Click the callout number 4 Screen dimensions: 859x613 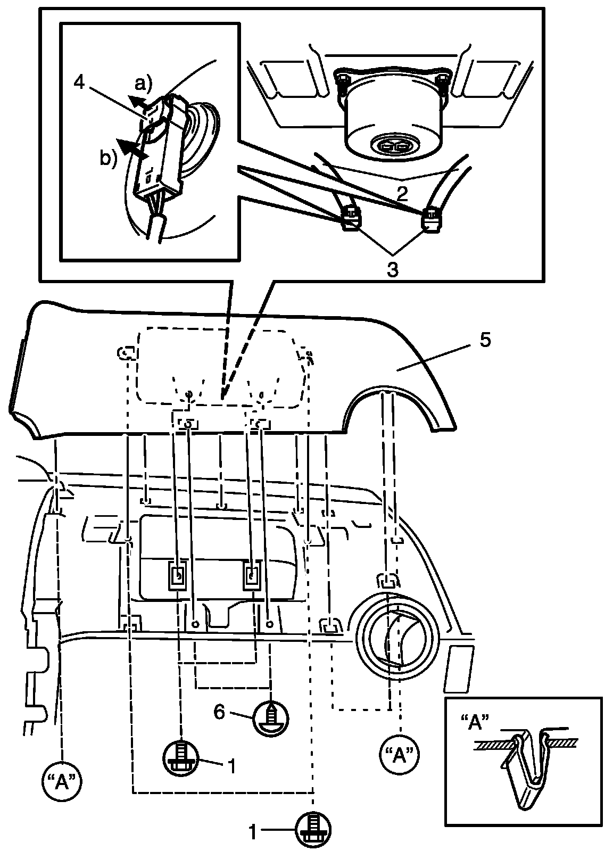point(79,84)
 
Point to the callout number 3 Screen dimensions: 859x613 point(392,269)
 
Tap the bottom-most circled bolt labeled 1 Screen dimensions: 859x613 point(313,831)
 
